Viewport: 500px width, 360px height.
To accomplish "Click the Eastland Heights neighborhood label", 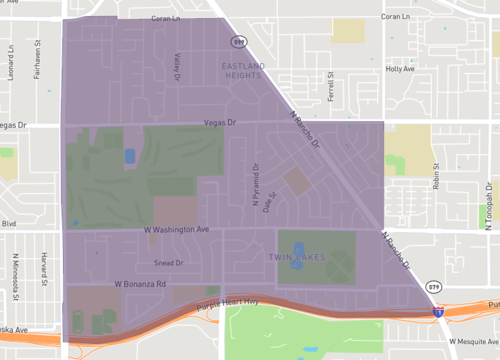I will click(242, 70).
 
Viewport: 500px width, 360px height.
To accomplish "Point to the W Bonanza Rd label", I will click(139, 284).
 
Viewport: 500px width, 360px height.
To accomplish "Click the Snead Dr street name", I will click(169, 263).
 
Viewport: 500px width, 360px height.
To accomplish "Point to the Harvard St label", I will click(46, 264).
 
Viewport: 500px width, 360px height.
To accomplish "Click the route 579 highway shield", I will click(237, 43).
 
